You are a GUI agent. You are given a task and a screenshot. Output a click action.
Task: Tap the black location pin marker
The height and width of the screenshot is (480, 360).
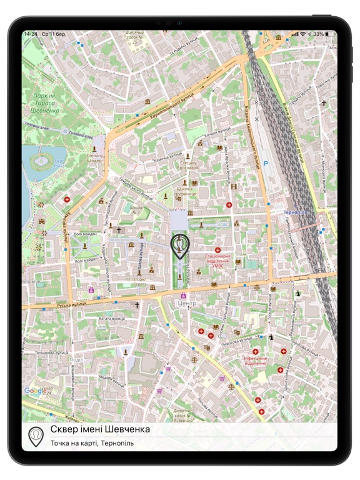180,246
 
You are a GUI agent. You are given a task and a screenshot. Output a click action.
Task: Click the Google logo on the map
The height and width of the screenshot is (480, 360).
36,391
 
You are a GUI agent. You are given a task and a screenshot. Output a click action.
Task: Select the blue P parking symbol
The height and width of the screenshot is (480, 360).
266,164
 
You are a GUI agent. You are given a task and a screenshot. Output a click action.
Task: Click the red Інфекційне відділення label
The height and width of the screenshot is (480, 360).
255,361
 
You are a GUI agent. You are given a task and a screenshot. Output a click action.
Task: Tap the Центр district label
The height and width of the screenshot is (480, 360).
186,304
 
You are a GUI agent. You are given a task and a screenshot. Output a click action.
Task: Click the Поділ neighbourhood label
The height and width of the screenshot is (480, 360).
76,360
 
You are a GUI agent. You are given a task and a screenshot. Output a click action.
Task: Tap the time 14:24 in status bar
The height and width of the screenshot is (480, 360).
31,34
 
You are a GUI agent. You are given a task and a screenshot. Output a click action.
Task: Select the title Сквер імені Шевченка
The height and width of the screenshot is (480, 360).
100,430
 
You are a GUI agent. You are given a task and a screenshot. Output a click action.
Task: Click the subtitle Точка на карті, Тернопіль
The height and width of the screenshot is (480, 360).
92,443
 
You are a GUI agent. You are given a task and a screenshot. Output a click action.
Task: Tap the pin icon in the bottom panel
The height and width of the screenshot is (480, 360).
36,436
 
